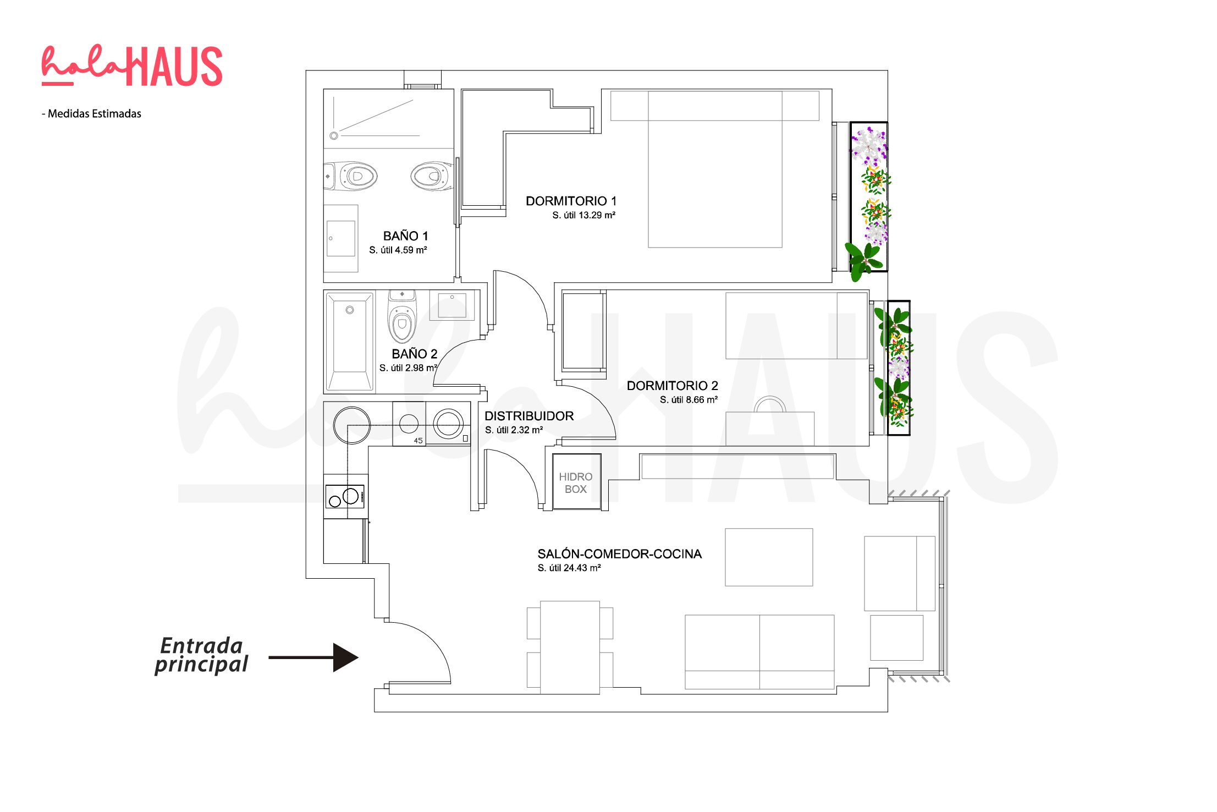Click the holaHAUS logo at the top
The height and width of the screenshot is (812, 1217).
(132, 66)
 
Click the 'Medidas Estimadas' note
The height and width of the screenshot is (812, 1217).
(92, 114)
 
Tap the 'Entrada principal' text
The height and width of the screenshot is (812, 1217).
(201, 655)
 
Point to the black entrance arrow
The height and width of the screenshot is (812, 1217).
(313, 657)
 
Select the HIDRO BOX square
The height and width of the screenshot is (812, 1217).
(576, 482)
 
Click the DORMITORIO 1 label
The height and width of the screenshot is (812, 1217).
(571, 201)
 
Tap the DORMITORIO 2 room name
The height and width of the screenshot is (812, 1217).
(672, 386)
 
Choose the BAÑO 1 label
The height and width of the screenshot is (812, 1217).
(405, 236)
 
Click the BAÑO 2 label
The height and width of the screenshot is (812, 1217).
(414, 354)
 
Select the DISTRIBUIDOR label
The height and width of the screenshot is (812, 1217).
(529, 416)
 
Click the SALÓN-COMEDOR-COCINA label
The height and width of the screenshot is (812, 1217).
(619, 554)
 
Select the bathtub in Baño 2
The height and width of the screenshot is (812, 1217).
(350, 342)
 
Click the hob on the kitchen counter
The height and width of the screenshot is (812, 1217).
(345, 496)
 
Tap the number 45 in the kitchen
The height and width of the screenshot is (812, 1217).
(418, 441)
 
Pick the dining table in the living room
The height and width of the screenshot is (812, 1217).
(570, 648)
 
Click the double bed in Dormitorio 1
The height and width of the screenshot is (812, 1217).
(715, 169)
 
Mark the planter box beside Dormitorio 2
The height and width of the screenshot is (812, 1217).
(899, 367)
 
